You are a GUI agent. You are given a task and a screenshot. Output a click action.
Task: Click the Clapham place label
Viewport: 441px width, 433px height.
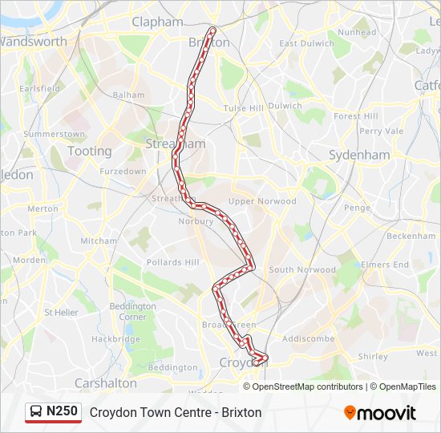click(x=157, y=22)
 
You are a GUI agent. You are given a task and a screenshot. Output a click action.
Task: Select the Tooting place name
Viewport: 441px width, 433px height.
click(x=90, y=151)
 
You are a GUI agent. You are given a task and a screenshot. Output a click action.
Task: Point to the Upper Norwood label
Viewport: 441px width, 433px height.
click(x=262, y=201)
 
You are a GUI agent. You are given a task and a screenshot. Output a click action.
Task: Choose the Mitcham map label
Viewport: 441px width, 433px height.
click(x=99, y=241)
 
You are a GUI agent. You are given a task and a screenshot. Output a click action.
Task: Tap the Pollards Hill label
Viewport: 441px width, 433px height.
click(x=172, y=262)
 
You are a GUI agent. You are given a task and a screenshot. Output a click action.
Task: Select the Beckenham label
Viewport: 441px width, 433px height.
click(x=411, y=237)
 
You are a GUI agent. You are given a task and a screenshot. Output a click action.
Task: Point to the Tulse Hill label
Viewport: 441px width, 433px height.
click(x=244, y=108)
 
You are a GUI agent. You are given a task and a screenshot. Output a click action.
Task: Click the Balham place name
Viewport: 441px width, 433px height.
click(x=128, y=95)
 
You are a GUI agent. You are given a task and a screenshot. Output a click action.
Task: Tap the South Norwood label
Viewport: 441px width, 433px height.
click(x=302, y=270)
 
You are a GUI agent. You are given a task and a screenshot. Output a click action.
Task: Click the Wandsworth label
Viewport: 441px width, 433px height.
click(x=34, y=41)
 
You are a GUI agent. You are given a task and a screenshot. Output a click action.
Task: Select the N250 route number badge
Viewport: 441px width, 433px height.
click(x=62, y=411)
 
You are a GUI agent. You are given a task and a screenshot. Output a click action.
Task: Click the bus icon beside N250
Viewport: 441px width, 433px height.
click(x=36, y=412)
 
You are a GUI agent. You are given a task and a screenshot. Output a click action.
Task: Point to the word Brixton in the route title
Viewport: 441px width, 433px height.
click(x=242, y=412)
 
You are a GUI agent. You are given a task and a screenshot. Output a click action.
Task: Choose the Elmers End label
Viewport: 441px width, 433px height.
click(x=385, y=265)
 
